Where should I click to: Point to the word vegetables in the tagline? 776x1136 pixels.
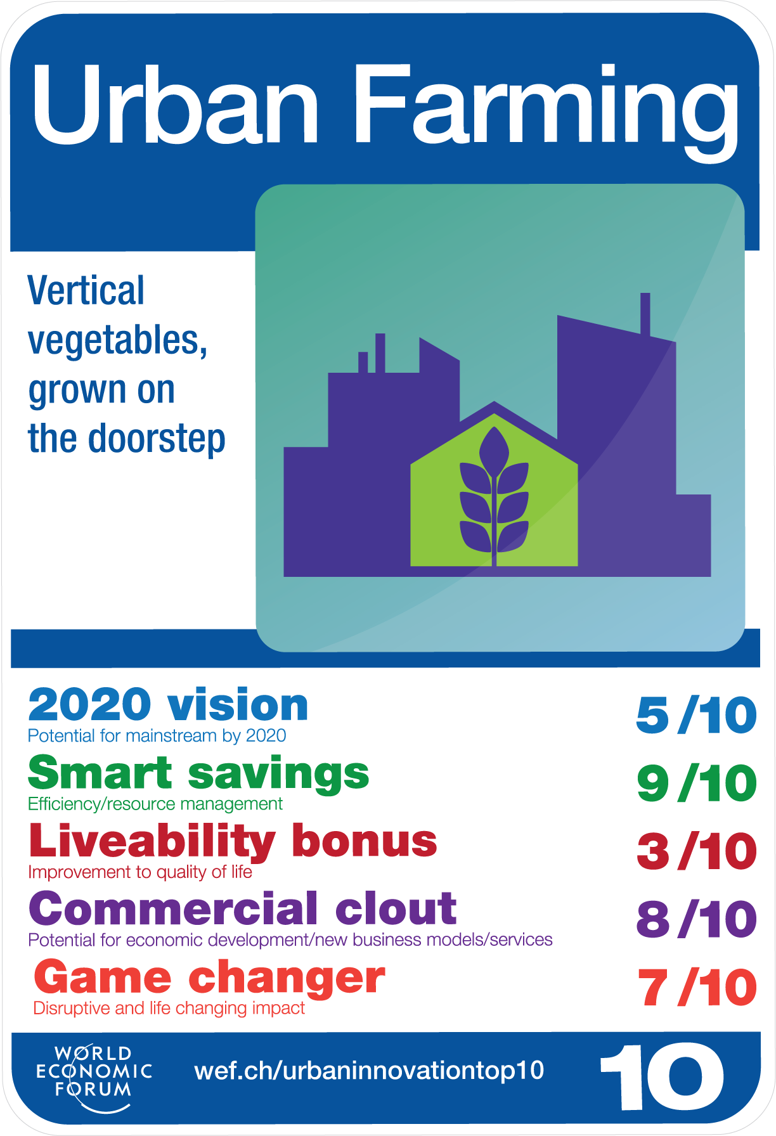click(118, 341)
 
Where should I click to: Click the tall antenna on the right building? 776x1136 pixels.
click(645, 314)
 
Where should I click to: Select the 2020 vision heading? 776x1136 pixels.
click(168, 705)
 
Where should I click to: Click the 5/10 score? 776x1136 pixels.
click(697, 715)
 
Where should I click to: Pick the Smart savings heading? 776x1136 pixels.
click(198, 773)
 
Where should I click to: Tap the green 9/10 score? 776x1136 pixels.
click(697, 784)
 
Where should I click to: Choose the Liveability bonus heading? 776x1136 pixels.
click(233, 842)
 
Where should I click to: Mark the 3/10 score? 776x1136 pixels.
click(697, 851)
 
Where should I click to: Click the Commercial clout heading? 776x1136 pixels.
click(243, 908)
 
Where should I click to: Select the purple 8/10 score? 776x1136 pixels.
click(697, 919)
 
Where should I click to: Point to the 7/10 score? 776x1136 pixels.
click(697, 988)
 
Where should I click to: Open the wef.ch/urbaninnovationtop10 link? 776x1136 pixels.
click(369, 1071)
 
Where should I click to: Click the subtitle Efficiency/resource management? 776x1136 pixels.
click(155, 804)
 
